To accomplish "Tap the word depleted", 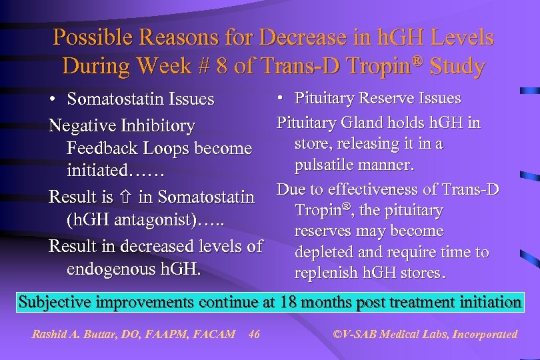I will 323,252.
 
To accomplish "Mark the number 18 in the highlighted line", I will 289,302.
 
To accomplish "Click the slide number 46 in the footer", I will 254,334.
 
